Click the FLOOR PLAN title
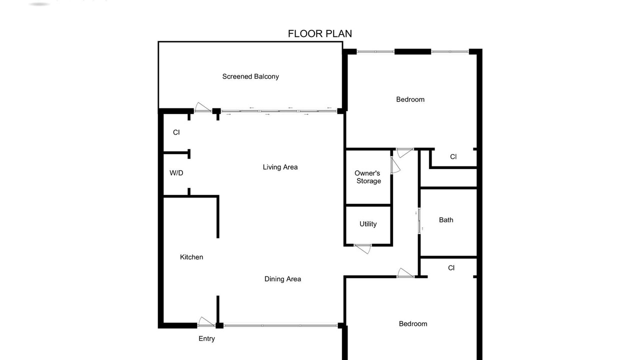[319, 33]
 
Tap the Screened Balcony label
[250, 76]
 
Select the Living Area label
[280, 167]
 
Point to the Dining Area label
[282, 279]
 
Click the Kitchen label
[191, 257]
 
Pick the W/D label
[176, 173]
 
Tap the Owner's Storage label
[367, 177]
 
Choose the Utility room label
[368, 224]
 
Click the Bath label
[446, 220]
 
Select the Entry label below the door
[206, 338]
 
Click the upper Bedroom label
[410, 99]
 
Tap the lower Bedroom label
[413, 323]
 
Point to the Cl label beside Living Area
[176, 132]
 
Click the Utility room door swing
[363, 249]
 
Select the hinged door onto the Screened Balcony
[203, 107]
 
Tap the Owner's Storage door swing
[395, 165]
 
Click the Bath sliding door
[419, 221]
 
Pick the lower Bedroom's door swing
[405, 273]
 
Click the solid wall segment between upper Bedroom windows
[412, 51]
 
